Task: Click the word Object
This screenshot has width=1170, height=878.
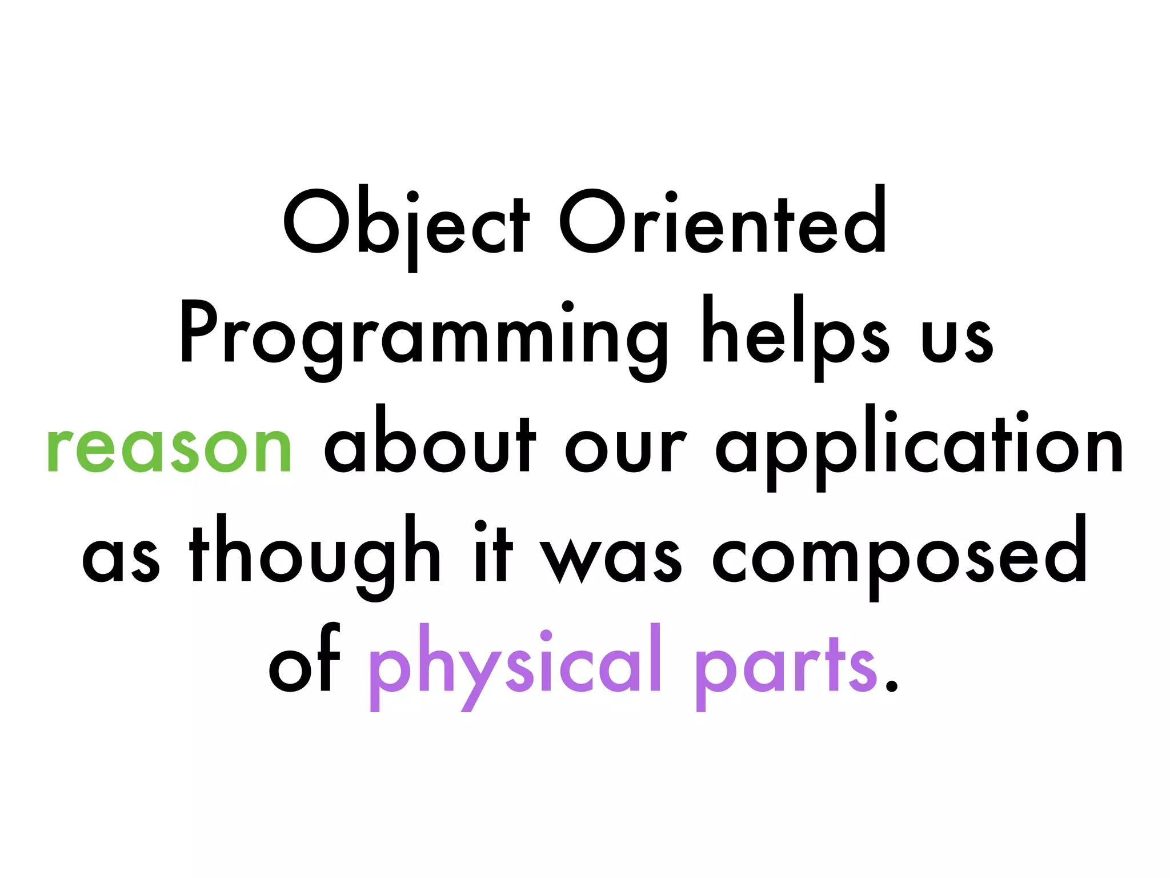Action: (x=406, y=224)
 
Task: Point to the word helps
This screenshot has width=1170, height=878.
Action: (x=796, y=334)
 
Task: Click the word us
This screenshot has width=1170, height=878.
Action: (x=957, y=340)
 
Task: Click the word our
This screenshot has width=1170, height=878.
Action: (x=626, y=449)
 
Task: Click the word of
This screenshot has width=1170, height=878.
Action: (x=304, y=663)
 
